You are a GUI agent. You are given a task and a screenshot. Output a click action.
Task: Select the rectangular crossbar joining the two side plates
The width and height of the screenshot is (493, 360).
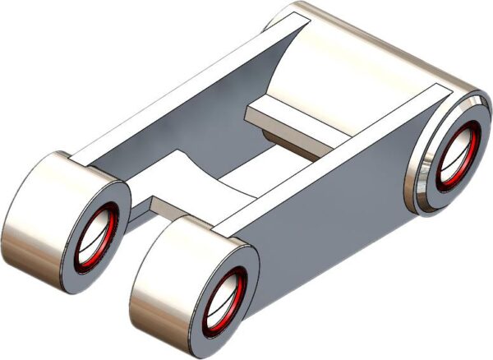(x=296, y=123)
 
